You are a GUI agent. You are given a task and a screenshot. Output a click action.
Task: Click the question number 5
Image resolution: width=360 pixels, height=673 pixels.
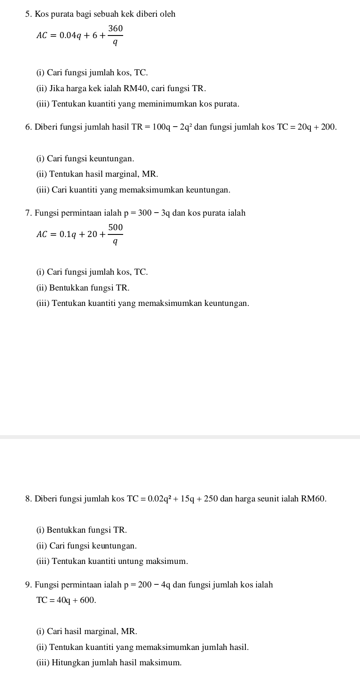pos(28,14)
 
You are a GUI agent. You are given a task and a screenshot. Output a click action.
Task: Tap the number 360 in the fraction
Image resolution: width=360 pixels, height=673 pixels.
pos(115,29)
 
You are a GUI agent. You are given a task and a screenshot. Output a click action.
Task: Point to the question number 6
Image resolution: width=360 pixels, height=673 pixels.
pos(28,127)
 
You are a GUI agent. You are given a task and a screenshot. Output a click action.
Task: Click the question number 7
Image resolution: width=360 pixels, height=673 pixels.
pos(28,213)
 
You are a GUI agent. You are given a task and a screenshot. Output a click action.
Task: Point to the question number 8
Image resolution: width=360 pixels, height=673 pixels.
pos(28,499)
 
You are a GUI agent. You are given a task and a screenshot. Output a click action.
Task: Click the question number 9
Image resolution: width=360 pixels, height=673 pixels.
pos(28,585)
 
